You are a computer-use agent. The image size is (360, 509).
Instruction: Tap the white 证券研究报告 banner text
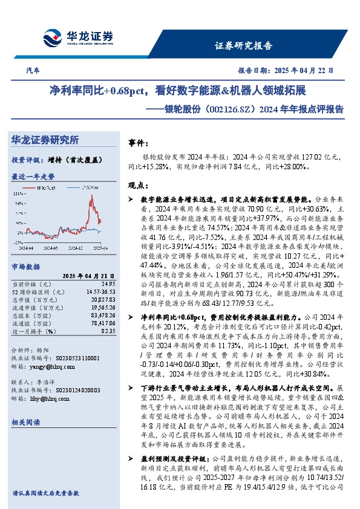[x=244, y=45]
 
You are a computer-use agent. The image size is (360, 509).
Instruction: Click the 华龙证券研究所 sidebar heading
[x=45, y=140]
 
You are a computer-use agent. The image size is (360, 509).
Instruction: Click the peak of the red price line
[x=91, y=196]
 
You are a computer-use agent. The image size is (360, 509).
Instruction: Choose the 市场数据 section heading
[x=26, y=266]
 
